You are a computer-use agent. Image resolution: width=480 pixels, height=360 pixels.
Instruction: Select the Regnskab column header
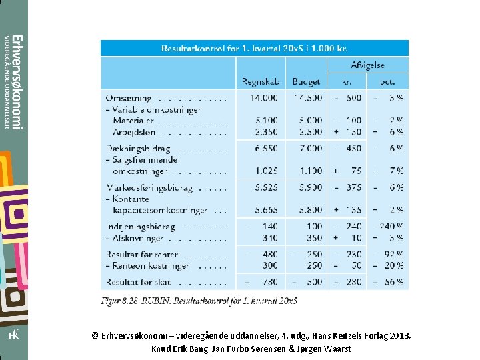(x=261, y=82)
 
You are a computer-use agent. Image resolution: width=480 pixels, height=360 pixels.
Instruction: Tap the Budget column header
(x=306, y=82)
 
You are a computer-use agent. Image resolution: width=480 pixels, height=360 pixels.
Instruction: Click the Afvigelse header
(x=367, y=65)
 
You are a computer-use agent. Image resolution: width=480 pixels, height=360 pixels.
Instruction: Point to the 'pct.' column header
(x=387, y=82)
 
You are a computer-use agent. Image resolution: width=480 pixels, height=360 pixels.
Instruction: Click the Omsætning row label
(x=129, y=98)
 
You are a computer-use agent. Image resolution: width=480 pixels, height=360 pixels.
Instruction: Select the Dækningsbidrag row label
(x=138, y=149)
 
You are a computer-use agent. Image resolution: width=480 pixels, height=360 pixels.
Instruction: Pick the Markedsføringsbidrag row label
(x=149, y=188)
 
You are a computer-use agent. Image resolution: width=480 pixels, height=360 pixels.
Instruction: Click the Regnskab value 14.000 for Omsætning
(x=264, y=98)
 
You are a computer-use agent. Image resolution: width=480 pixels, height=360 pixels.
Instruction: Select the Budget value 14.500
(x=308, y=98)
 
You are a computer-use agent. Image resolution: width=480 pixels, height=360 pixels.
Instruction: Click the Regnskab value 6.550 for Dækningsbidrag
(x=266, y=149)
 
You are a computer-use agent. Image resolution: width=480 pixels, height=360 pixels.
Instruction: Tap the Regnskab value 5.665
(x=266, y=210)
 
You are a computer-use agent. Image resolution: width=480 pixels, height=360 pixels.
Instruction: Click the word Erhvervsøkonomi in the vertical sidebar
(x=19, y=82)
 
